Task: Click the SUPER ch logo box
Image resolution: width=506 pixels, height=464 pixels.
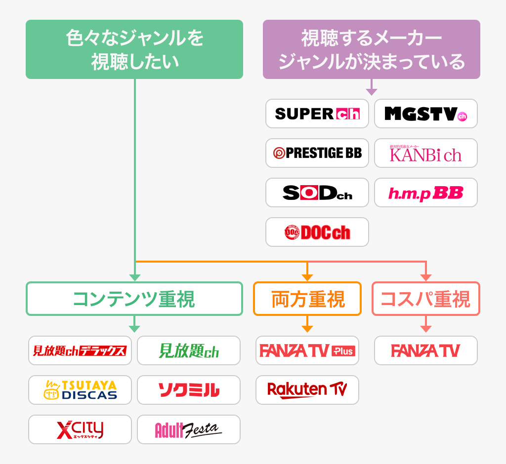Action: click(x=317, y=114)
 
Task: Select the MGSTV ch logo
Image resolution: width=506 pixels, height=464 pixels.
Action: click(x=426, y=114)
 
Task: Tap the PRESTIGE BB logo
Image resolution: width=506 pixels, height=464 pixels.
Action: click(x=317, y=153)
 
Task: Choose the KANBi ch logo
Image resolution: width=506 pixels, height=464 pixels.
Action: click(x=426, y=153)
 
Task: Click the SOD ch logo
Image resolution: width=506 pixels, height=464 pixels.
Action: click(x=317, y=193)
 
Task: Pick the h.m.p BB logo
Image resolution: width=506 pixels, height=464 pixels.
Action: click(x=426, y=193)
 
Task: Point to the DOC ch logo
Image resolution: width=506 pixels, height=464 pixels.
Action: click(x=317, y=232)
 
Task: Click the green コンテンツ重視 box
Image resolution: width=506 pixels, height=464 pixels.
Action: click(x=134, y=299)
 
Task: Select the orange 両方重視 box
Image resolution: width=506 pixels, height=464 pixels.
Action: click(x=307, y=299)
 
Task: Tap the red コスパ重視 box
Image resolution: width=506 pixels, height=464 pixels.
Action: click(x=426, y=299)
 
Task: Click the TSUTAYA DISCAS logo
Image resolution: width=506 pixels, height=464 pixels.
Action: click(x=80, y=390)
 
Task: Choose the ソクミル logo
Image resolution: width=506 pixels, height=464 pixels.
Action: click(x=189, y=390)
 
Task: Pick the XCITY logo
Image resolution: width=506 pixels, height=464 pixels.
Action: click(x=80, y=429)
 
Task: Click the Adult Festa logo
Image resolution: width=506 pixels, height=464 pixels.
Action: click(x=189, y=429)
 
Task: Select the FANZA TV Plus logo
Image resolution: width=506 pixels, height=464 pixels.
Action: click(x=307, y=350)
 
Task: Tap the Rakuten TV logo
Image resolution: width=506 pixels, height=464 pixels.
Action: click(x=307, y=390)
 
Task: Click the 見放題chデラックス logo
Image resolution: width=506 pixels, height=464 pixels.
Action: click(x=80, y=350)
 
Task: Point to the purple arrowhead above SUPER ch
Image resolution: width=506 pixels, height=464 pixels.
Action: click(x=372, y=92)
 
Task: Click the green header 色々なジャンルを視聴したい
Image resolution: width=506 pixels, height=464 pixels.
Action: click(x=134, y=49)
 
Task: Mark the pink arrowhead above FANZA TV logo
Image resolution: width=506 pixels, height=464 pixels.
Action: click(x=426, y=329)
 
